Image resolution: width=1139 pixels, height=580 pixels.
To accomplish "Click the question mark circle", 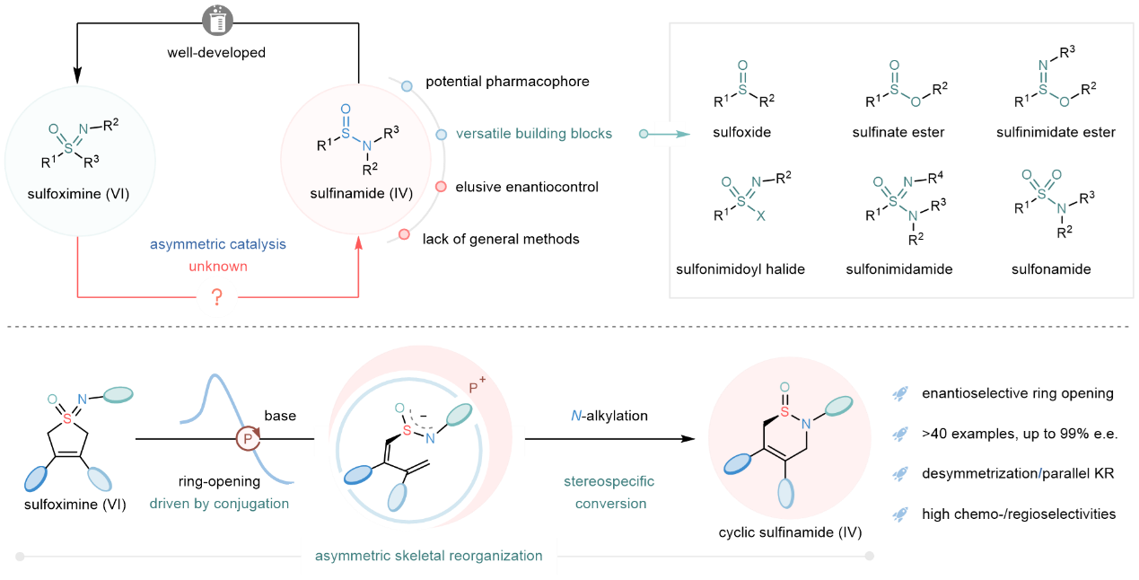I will [217, 295].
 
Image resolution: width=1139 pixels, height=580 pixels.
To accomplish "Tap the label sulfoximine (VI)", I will [78, 193].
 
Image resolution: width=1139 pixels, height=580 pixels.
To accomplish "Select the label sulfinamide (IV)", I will [356, 192].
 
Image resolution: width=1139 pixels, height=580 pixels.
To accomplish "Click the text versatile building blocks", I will [534, 134].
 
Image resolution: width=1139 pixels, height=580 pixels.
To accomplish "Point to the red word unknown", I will [218, 267].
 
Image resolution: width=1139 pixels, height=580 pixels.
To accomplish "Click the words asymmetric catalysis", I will [218, 244].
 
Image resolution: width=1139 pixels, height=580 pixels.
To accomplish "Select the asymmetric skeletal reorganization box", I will [429, 556].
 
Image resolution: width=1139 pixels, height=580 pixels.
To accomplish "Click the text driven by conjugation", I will [219, 504].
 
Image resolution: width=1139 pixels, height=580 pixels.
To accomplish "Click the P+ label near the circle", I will [478, 388].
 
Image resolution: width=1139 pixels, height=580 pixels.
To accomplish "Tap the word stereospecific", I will [609, 481].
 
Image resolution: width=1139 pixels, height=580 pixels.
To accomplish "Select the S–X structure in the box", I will [744, 198].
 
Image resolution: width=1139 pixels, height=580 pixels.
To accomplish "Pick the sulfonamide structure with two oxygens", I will [1044, 189].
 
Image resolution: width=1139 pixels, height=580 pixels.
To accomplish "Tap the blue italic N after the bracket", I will [576, 415].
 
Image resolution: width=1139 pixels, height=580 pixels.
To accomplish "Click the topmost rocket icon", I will [898, 393].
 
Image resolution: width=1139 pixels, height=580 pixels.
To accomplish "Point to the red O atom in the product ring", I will [784, 388].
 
